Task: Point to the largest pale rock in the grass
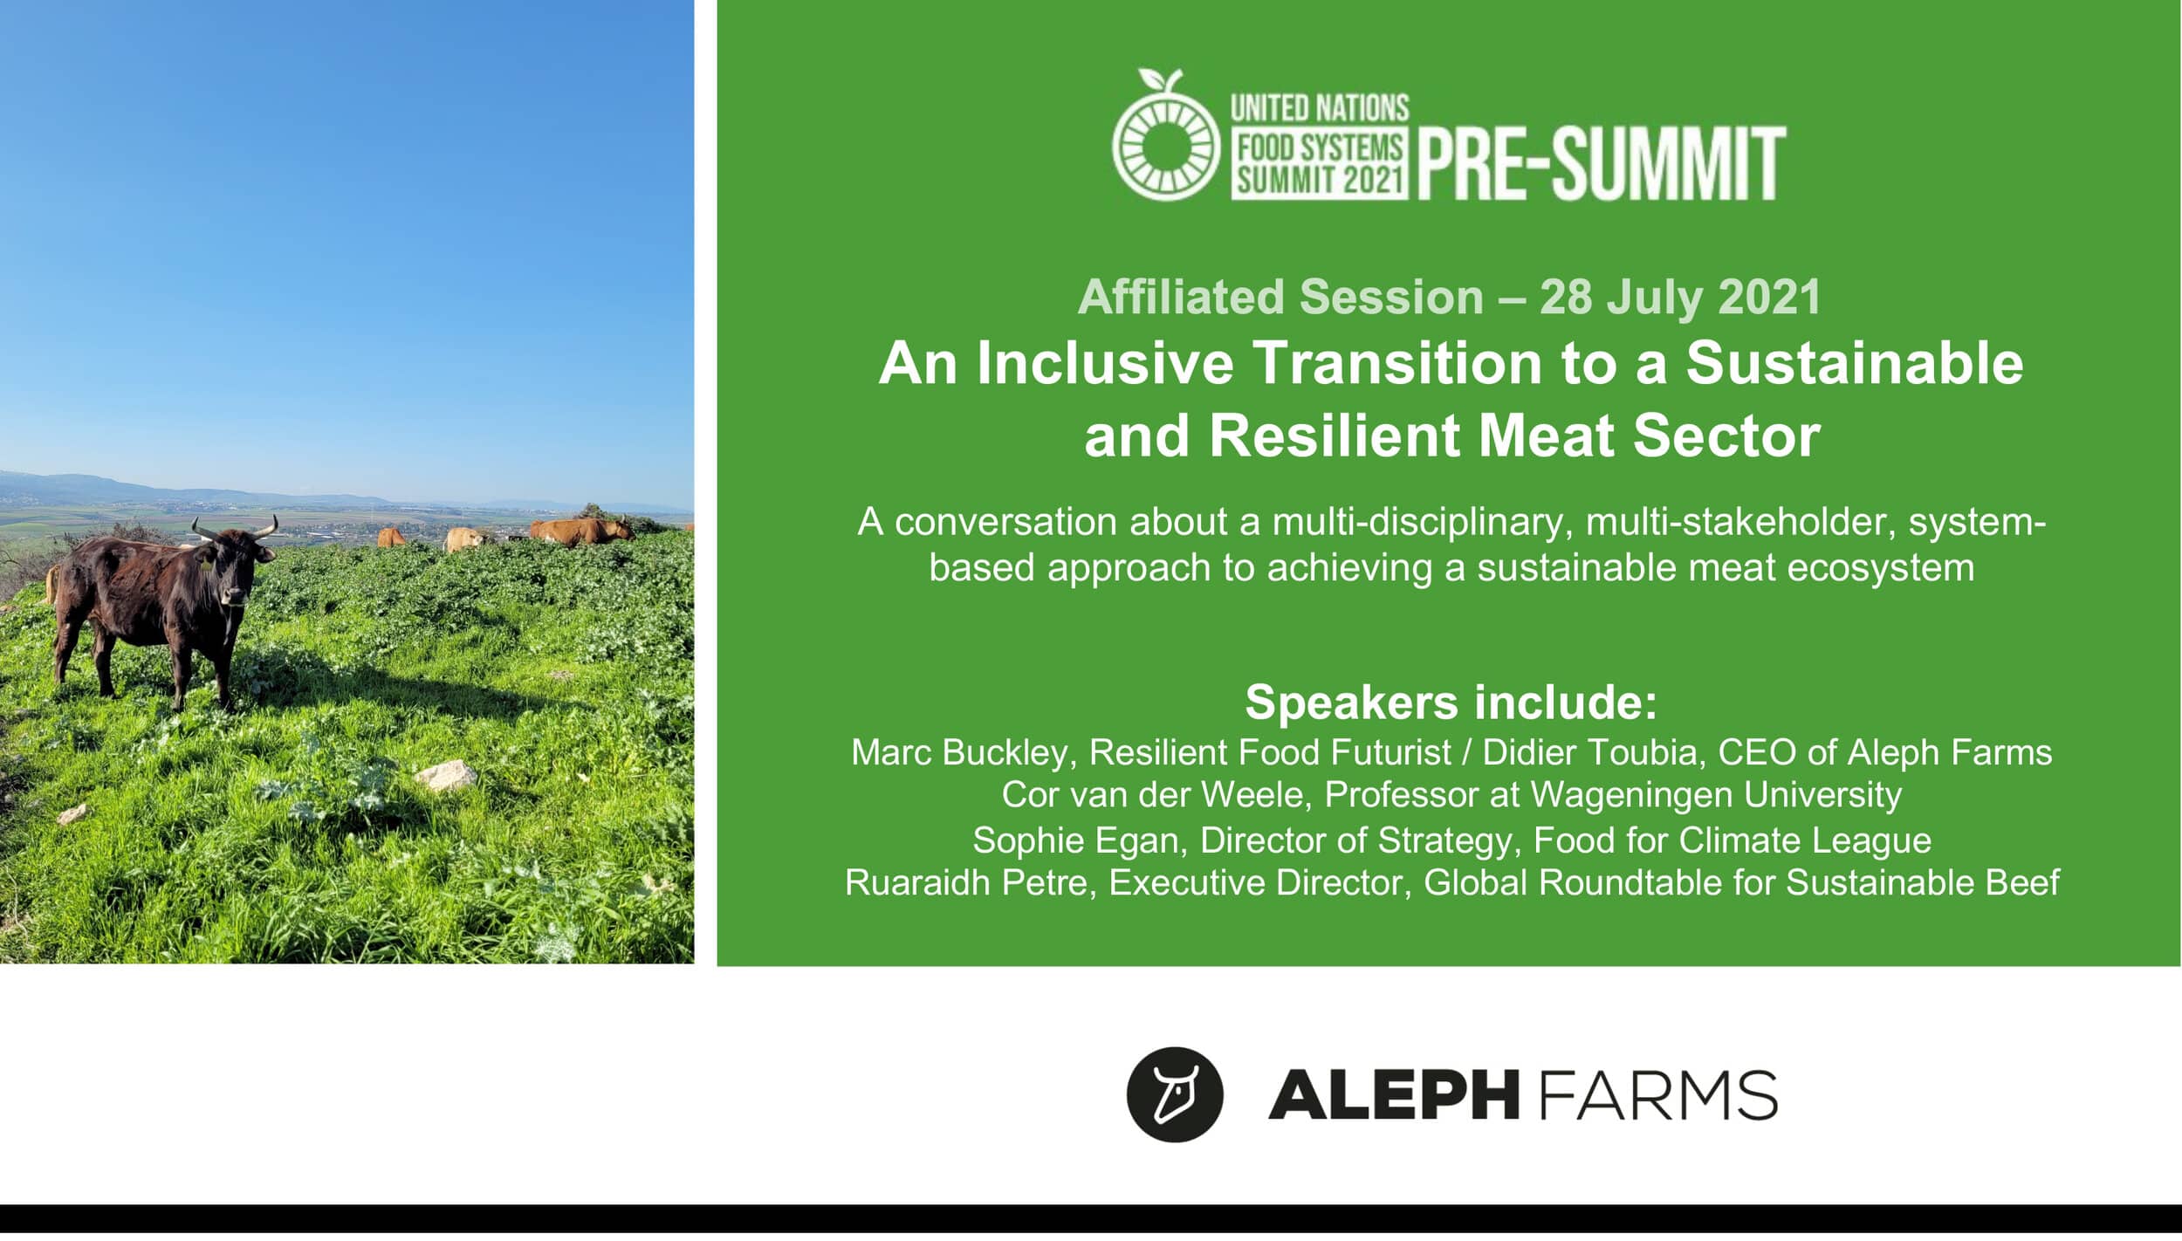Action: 445,774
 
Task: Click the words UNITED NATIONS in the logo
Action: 1320,108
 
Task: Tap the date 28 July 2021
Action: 1680,298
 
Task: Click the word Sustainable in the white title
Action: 1854,363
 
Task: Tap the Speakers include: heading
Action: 1451,703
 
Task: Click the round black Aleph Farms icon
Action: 1175,1094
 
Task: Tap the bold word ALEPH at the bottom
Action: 1394,1094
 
